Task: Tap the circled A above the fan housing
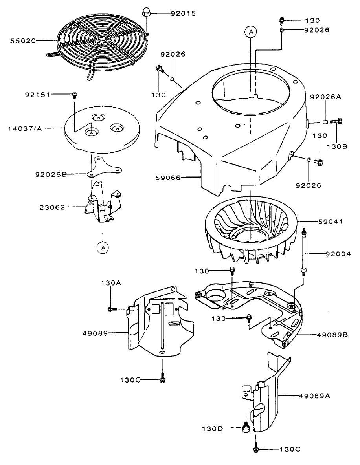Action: point(250,33)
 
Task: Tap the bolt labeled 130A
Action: point(112,309)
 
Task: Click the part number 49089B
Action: point(331,335)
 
